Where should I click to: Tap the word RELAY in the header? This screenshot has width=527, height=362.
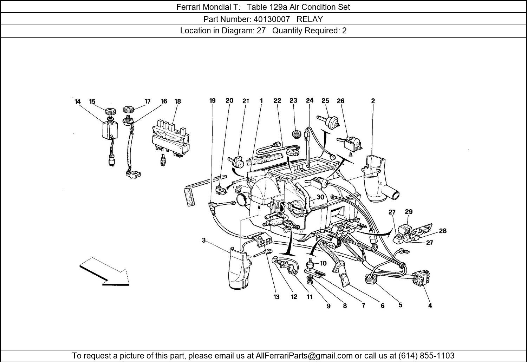[310, 19]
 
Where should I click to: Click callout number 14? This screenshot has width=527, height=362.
[77, 102]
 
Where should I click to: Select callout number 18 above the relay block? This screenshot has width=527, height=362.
[177, 101]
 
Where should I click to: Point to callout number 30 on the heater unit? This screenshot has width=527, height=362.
[320, 197]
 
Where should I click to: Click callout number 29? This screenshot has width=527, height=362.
[408, 212]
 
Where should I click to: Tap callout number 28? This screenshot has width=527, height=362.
[442, 231]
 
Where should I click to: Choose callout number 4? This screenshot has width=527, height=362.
[430, 305]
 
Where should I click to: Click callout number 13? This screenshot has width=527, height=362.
[276, 297]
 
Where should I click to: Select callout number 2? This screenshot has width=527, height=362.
[373, 101]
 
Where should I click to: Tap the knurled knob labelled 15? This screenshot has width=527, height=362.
[110, 112]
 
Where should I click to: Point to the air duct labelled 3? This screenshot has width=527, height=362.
[239, 269]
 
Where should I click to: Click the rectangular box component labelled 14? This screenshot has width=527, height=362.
[109, 130]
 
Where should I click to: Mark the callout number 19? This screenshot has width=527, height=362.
[212, 101]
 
